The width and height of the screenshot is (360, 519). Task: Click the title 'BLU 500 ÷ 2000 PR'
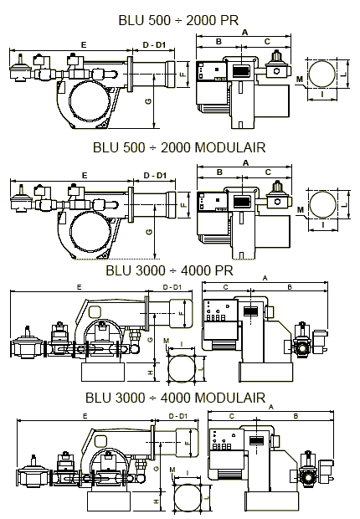[178, 20]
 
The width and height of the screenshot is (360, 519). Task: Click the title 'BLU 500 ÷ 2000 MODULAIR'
[179, 147]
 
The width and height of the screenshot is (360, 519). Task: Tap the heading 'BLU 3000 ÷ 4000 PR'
[170, 270]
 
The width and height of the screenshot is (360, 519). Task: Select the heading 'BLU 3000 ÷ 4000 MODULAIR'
[176, 398]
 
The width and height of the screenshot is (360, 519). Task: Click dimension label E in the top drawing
[84, 44]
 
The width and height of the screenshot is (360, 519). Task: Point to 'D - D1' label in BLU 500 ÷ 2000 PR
[154, 44]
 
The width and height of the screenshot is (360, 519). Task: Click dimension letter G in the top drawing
[149, 100]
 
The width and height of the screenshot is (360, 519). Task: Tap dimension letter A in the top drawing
[244, 33]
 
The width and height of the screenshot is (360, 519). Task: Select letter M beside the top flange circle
[300, 80]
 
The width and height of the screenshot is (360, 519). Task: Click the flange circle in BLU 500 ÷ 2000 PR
[322, 74]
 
